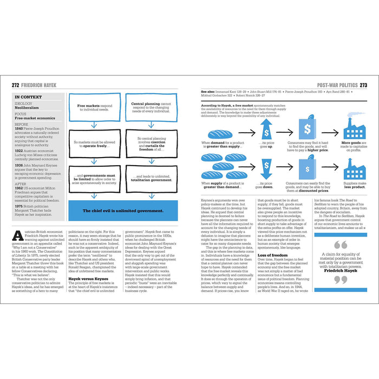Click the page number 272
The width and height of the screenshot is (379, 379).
click(x=17, y=85)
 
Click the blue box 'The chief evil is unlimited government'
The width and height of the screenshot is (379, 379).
click(x=123, y=211)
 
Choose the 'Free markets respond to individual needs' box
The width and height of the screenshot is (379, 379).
click(x=96, y=107)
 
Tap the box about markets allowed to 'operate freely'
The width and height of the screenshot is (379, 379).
click(x=96, y=143)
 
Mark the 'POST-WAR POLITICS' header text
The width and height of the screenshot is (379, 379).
click(x=337, y=85)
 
